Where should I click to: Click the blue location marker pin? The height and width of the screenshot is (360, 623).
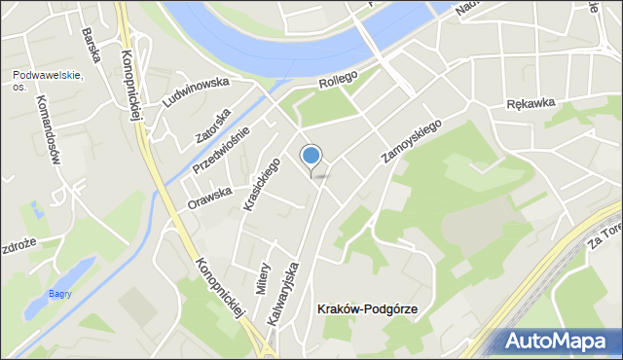311,156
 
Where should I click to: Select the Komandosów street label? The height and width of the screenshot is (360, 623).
48,129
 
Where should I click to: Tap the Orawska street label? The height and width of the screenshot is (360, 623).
210,198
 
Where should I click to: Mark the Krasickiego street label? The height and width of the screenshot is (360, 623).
263,185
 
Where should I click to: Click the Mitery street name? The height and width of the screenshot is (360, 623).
263,277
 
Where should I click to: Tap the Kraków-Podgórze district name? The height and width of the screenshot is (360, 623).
367,309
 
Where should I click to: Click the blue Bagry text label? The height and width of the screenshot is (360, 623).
61,295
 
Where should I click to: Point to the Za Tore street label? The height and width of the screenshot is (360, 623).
604,234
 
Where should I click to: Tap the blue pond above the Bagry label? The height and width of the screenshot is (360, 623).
73,272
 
